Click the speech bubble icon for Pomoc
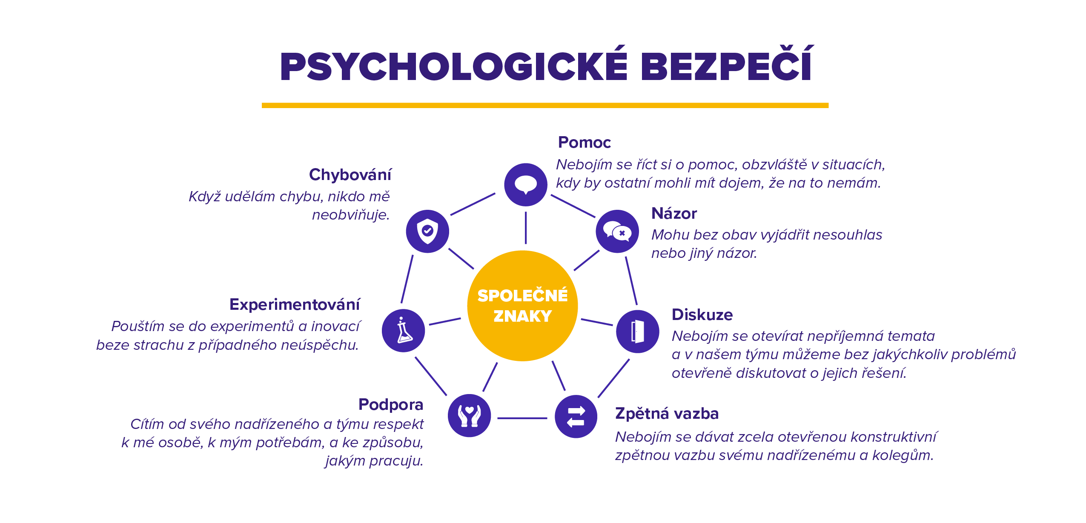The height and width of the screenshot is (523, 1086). coord(526,185)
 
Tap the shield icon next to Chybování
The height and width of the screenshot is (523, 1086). coord(427,231)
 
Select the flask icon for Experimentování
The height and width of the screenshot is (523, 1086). coord(404,331)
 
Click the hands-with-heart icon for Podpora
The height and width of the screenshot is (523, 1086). coord(469,415)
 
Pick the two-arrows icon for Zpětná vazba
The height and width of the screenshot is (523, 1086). coord(576,416)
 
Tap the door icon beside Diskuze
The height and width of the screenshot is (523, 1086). coord(637,331)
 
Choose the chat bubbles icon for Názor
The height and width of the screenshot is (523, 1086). coord(617,231)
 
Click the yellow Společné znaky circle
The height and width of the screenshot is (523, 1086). coord(522,306)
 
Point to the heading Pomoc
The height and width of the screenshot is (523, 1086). coord(585,142)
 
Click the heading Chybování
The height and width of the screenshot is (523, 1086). coord(350,174)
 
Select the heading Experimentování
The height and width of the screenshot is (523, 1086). coord(295,305)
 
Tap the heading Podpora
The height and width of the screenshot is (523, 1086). coord(391,404)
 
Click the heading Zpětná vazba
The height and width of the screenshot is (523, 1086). coord(667,414)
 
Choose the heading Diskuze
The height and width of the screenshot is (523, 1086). coord(702,314)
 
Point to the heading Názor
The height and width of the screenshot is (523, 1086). coord(674,213)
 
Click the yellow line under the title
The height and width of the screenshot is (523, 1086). coord(545,105)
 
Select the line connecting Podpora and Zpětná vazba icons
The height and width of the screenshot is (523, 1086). coord(522,418)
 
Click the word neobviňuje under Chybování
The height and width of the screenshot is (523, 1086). coord(351,215)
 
